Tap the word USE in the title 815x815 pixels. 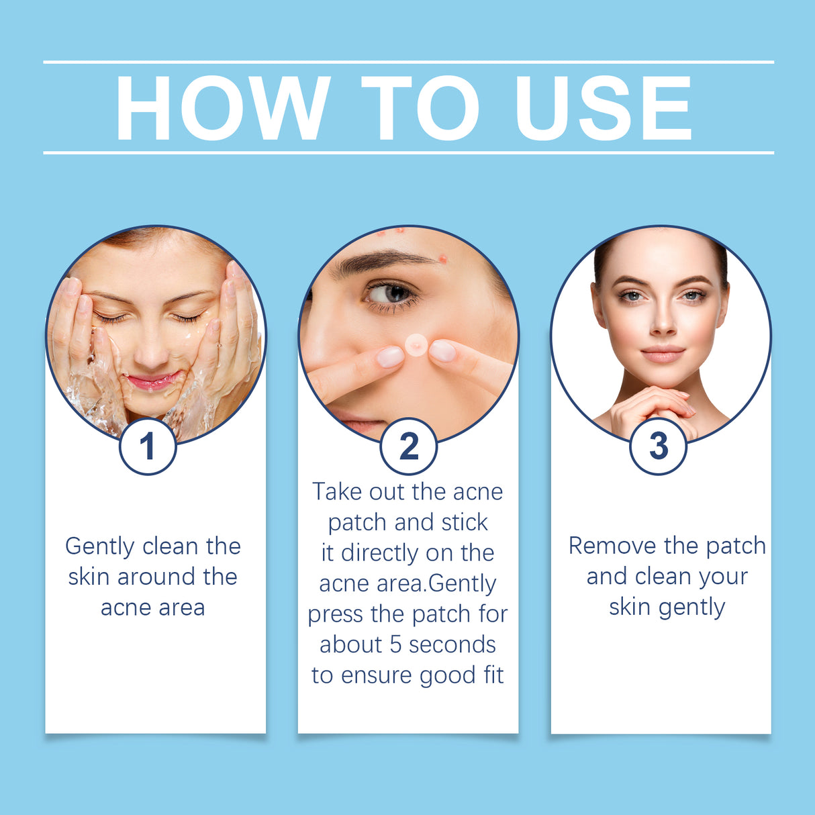click(603, 108)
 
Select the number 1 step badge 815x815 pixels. click(148, 446)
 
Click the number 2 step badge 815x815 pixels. click(408, 446)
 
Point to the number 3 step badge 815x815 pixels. click(659, 446)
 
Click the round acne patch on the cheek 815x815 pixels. click(416, 345)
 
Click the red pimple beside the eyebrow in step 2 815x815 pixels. click(442, 258)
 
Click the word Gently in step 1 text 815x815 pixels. click(100, 546)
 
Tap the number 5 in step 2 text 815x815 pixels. click(395, 644)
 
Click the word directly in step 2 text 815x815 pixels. click(380, 553)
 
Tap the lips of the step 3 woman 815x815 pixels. click(663, 354)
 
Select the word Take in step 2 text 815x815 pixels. click(337, 491)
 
